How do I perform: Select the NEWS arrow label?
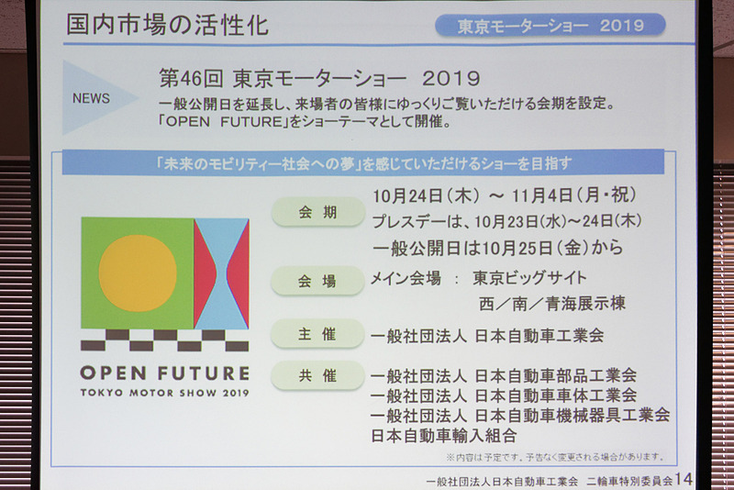92,98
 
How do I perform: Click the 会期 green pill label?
318,212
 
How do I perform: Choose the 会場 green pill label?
318,282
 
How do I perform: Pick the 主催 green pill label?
318,334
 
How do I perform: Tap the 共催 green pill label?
318,375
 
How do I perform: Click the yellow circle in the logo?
138,273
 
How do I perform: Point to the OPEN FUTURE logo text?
164,373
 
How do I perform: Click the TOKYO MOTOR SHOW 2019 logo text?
164,393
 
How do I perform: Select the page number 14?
684,479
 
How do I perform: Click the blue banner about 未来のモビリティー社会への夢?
362,163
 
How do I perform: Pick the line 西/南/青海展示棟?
550,303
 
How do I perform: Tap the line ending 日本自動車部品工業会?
503,375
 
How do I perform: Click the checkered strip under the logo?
164,340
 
